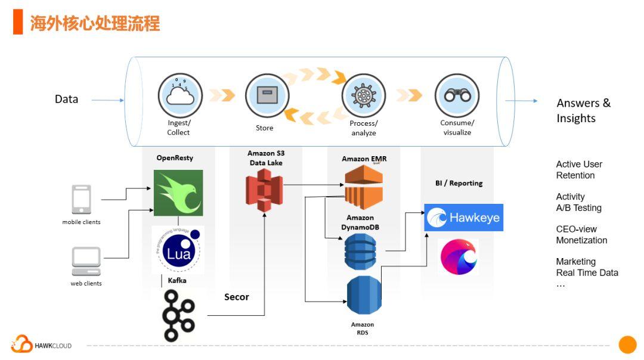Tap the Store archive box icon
267,95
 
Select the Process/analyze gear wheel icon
363,95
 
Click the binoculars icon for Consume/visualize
457,95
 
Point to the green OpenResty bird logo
178,193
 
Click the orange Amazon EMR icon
363,187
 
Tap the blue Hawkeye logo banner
463,218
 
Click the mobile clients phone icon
82,200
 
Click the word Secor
236,297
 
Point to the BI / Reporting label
459,183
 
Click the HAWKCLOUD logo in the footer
41,345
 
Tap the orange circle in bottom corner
627,345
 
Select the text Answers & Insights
583,110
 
